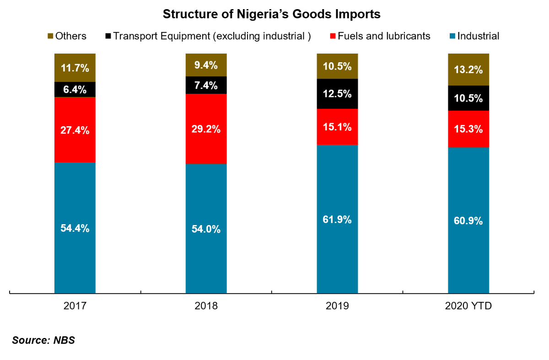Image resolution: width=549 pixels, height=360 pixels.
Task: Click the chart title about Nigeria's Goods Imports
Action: [x=272, y=14]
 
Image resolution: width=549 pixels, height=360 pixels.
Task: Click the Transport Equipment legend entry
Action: [x=208, y=36]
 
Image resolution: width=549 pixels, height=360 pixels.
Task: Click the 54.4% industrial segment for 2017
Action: [x=75, y=227]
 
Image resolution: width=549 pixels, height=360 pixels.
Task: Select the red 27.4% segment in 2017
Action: [x=75, y=130]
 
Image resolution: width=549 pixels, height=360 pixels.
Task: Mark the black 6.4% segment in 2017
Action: [x=75, y=90]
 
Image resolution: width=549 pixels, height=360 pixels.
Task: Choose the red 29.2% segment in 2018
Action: [x=206, y=129]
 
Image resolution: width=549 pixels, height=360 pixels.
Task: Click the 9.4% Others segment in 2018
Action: [x=206, y=65]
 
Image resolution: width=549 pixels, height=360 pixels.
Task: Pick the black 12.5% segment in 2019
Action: [x=337, y=94]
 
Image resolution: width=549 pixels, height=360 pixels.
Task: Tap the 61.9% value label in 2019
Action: [x=337, y=220]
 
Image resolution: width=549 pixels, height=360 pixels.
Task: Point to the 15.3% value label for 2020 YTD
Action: [x=468, y=129]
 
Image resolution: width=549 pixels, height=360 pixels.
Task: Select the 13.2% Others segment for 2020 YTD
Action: [x=468, y=70]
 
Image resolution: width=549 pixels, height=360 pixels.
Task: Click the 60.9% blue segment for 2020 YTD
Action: [x=468, y=220]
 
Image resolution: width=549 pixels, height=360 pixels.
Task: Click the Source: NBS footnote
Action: [x=43, y=340]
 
